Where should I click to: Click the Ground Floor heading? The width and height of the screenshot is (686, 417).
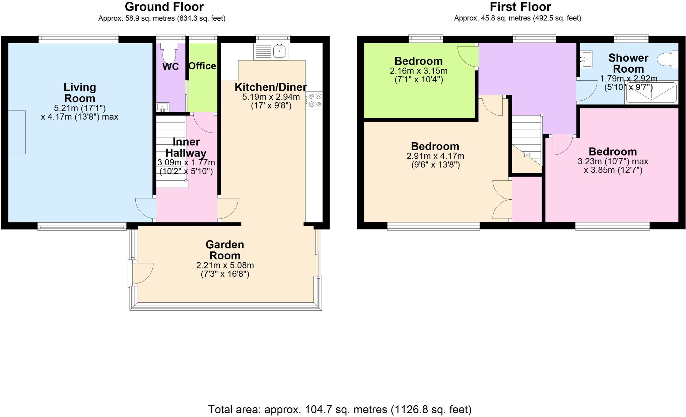point(164,7)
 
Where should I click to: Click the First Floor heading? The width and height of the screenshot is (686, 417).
point(520,7)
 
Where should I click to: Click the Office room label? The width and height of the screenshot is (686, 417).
point(202,66)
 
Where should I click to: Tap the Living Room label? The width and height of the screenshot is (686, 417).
point(80,93)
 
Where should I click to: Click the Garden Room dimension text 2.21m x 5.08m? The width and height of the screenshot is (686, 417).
point(225,265)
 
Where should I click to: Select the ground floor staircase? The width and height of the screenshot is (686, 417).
point(171,151)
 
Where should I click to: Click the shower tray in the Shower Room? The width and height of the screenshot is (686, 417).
point(651,93)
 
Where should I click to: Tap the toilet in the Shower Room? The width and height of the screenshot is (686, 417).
point(668,60)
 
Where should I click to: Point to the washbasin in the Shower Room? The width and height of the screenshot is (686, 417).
point(586,60)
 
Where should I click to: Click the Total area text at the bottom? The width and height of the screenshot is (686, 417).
point(340,409)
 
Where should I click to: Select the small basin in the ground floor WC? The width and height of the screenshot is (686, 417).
point(163,107)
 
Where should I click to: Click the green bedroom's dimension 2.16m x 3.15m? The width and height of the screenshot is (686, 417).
point(418,71)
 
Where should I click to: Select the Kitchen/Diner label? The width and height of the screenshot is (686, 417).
point(270,87)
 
